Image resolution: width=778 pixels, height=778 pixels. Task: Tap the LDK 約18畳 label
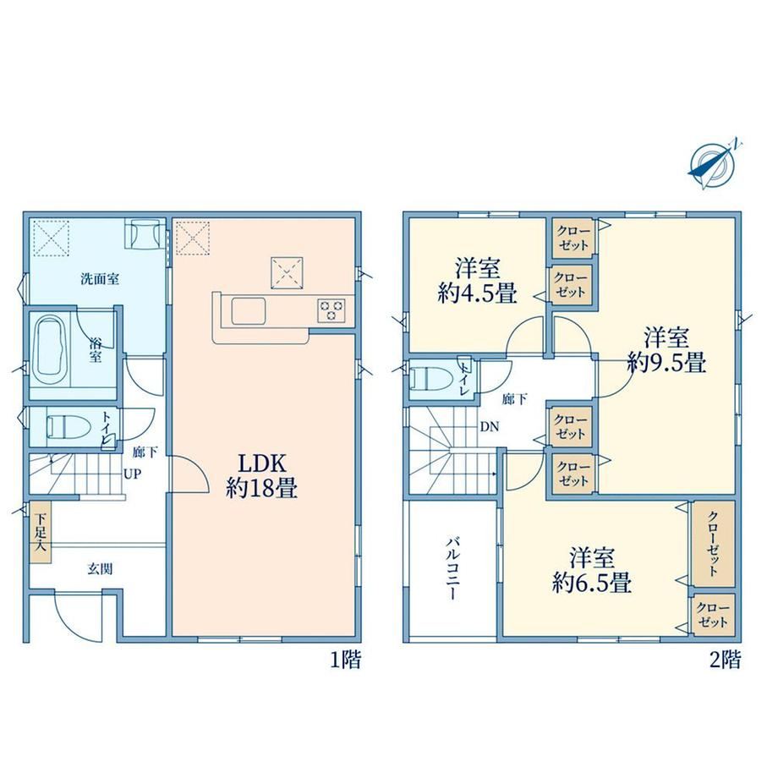(x=262, y=476)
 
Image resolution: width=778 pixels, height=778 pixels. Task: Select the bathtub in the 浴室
(x=51, y=350)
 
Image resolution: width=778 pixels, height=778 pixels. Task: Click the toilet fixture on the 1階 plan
(x=68, y=426)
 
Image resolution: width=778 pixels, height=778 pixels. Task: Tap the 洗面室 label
(x=101, y=279)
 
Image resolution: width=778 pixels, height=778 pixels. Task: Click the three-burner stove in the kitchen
(x=331, y=311)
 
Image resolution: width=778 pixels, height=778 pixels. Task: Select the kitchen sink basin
(x=248, y=311)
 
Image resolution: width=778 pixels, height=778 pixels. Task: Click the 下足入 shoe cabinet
(x=41, y=532)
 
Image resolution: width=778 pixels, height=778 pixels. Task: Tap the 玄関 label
(x=101, y=568)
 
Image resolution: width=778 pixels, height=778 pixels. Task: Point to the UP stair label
(x=132, y=474)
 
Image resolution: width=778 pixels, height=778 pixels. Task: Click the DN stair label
(x=490, y=427)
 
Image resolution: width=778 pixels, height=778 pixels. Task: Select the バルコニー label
(x=452, y=568)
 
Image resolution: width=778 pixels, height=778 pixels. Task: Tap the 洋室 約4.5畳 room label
(x=477, y=281)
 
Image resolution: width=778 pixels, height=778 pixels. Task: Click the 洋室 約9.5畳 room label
(x=666, y=350)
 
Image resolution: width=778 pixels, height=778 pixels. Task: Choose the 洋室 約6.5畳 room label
(x=592, y=570)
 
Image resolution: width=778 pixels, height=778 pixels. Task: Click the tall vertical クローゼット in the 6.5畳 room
(x=714, y=544)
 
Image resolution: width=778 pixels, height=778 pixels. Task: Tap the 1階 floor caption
(x=346, y=660)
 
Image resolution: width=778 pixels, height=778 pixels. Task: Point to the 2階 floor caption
(x=726, y=660)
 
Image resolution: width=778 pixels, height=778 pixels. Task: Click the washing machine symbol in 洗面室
(x=143, y=233)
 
